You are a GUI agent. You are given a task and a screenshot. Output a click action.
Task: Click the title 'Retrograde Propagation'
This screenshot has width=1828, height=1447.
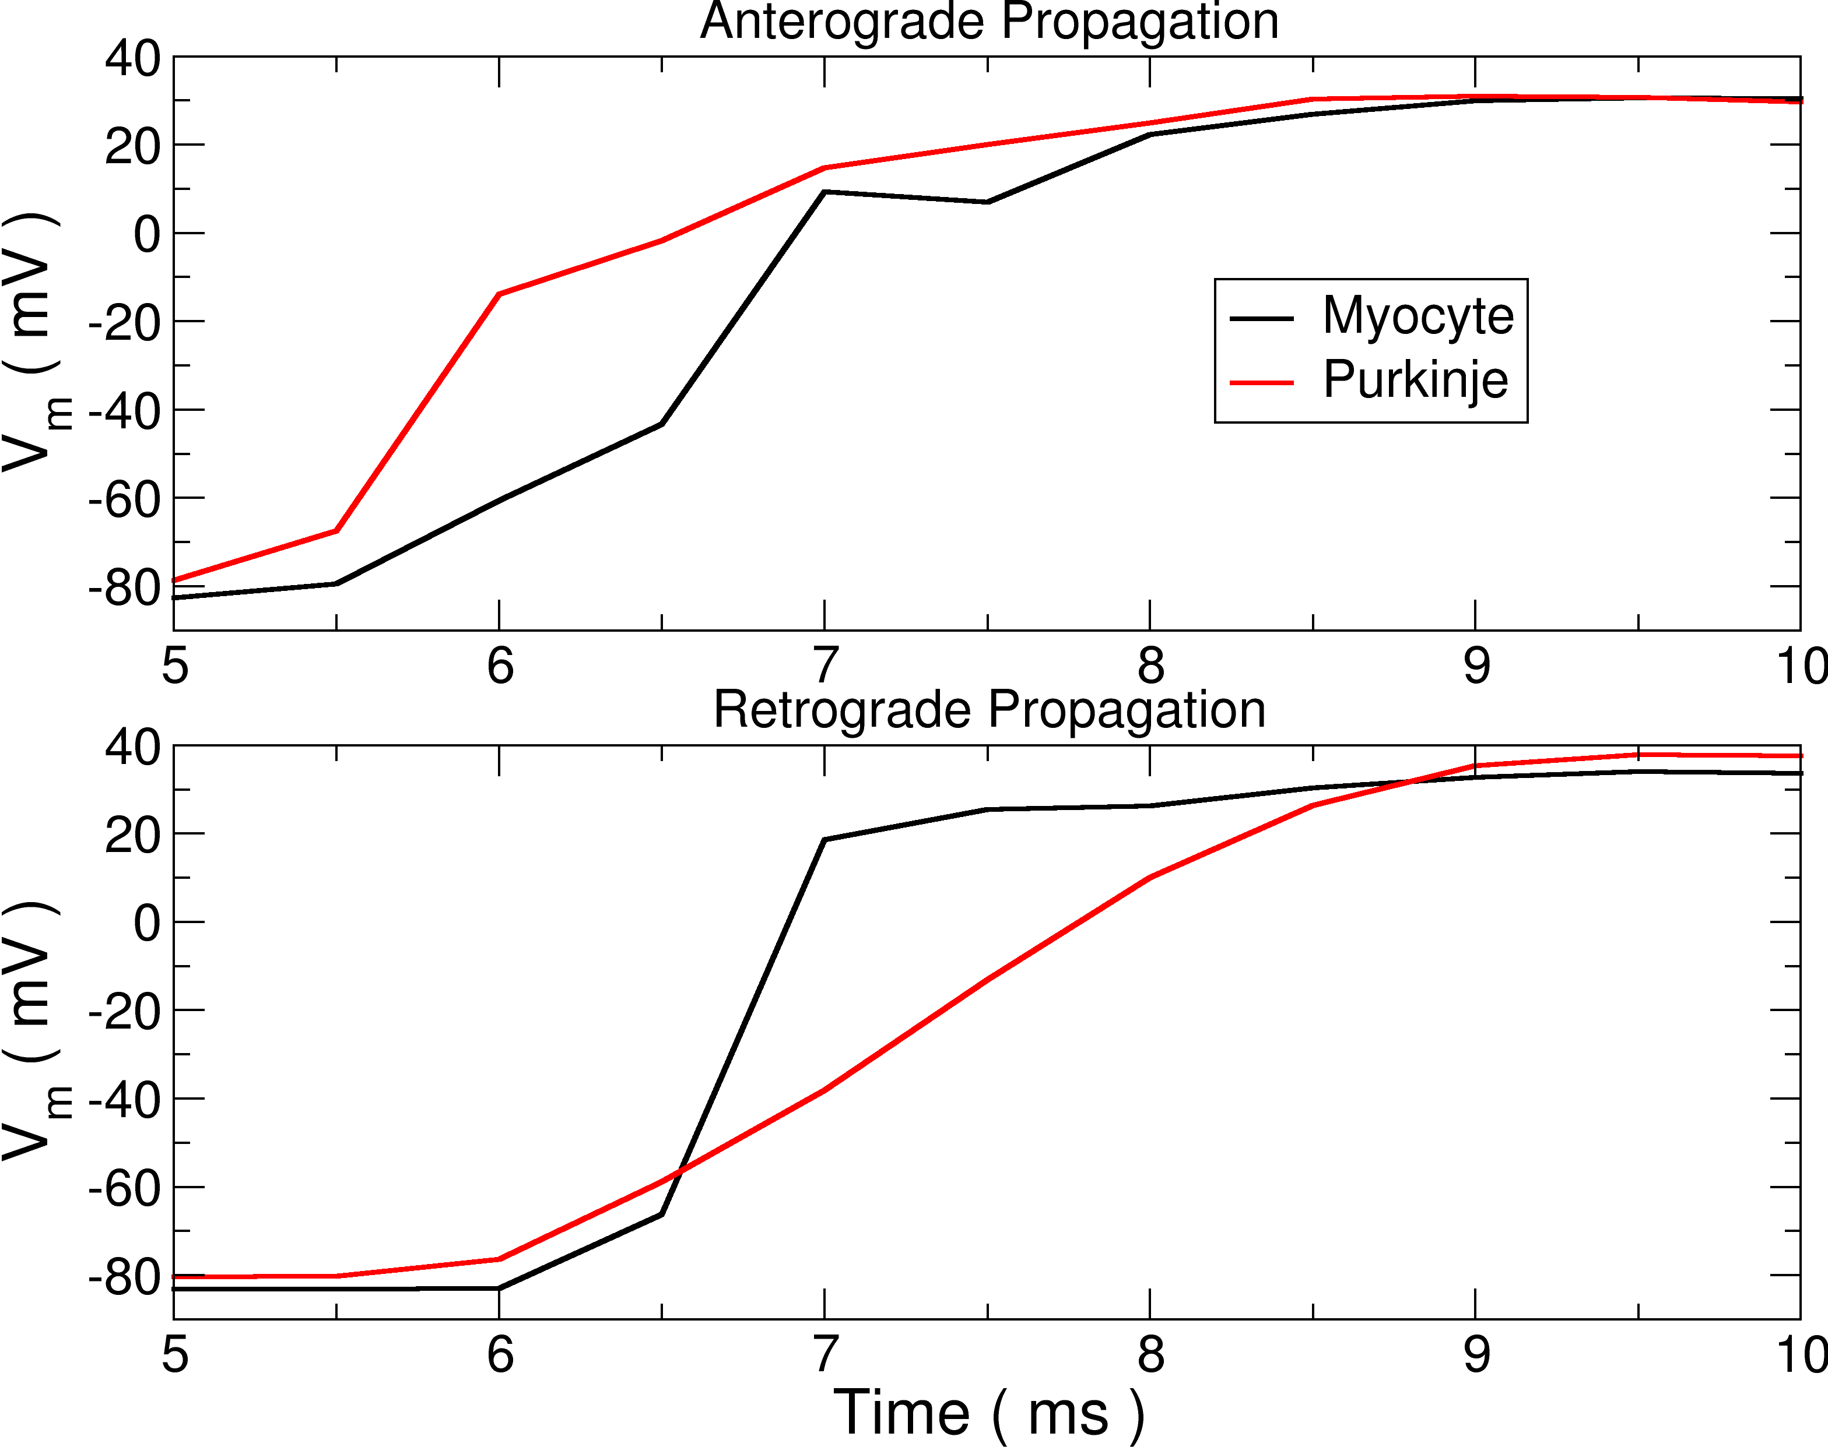tap(989, 710)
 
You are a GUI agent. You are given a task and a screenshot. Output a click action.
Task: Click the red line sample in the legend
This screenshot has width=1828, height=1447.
tap(1262, 383)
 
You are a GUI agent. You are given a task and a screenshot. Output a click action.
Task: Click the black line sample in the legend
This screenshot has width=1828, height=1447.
tap(1262, 319)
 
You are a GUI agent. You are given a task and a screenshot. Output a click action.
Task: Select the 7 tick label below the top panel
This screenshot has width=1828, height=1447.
tap(824, 667)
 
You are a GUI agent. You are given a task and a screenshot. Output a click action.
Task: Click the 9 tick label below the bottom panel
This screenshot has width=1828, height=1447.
tap(1475, 1355)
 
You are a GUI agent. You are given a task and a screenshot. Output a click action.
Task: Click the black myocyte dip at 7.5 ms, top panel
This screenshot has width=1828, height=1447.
tap(987, 202)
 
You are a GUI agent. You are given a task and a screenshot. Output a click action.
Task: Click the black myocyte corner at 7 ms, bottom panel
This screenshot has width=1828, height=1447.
tap(824, 840)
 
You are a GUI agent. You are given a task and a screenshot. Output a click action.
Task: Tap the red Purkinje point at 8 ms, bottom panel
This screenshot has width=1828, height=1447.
tap(1150, 877)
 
